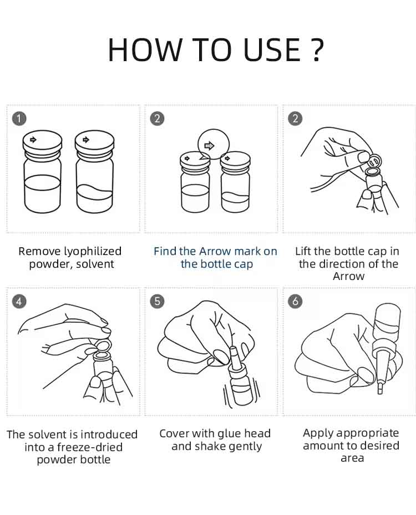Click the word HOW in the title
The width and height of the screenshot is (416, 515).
pos(145,49)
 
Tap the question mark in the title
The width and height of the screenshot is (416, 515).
pos(316,49)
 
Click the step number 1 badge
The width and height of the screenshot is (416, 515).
pos(19,118)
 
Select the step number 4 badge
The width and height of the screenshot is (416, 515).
pos(19,302)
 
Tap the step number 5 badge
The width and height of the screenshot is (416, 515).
pos(158,301)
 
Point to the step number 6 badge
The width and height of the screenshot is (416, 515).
pos(296,301)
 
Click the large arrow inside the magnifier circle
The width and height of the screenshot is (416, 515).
pos(209,145)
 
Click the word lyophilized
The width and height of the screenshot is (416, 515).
pos(93,252)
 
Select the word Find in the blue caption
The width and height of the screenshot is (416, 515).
pos(165,251)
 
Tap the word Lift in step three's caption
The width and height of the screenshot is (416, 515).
pos(303,251)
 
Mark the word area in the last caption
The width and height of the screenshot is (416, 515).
pos(352,458)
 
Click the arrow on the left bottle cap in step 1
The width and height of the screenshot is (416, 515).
pos(33,139)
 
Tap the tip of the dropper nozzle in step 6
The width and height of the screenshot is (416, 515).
pos(380,392)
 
